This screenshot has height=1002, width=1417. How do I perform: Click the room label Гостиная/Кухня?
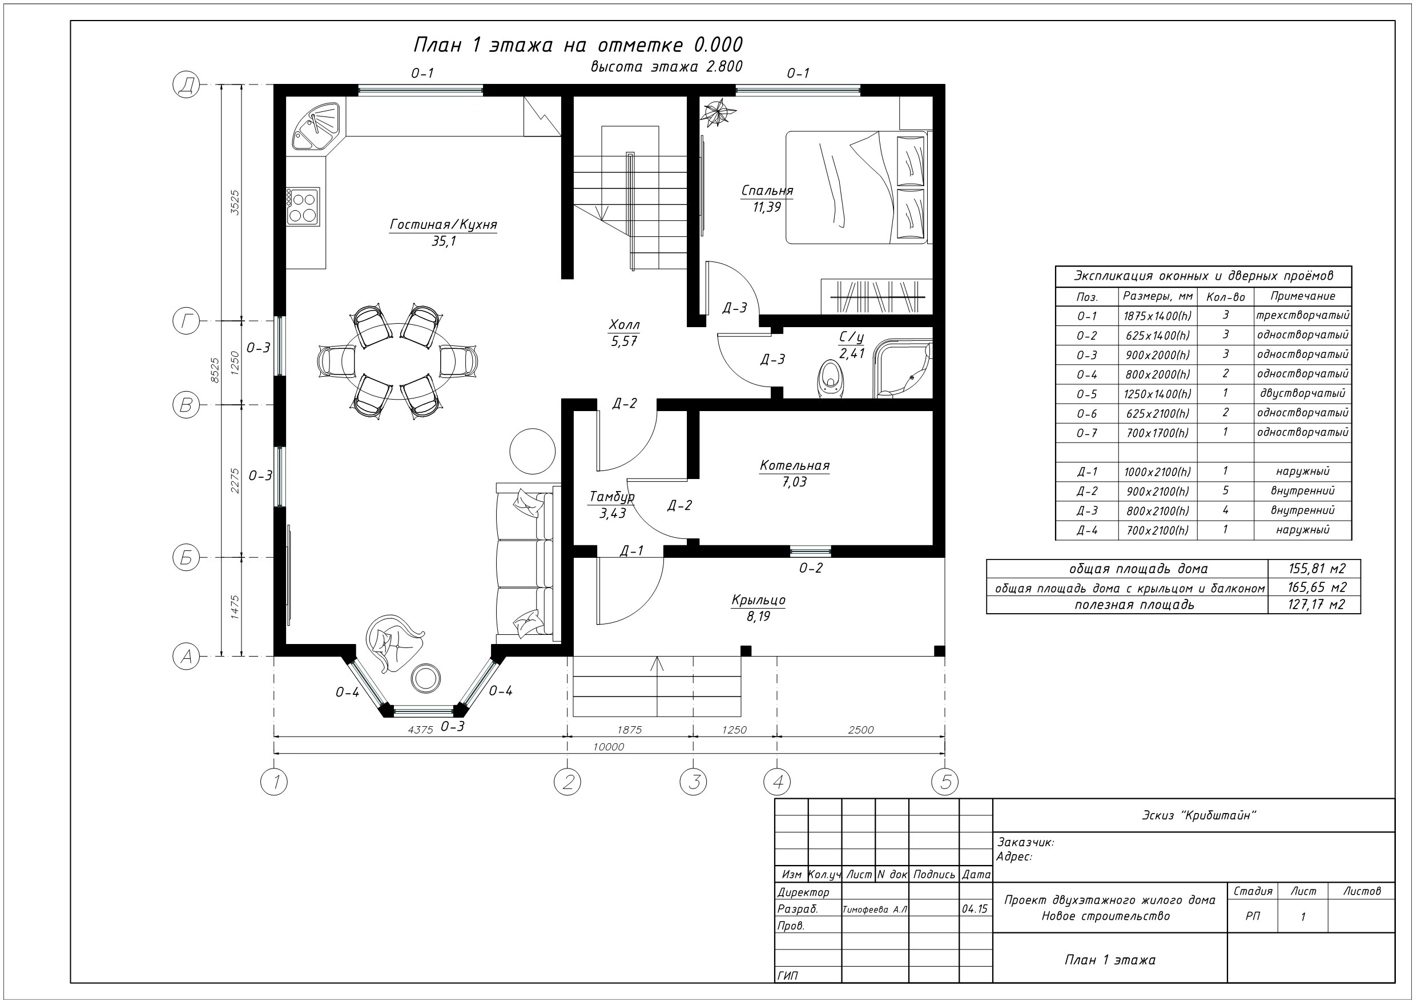[x=443, y=224]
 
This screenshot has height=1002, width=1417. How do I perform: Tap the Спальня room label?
[x=767, y=191]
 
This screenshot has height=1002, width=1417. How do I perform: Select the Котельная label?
[x=794, y=465]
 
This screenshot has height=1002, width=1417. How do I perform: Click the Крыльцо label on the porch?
[x=759, y=600]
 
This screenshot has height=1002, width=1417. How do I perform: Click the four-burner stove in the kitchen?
[x=303, y=207]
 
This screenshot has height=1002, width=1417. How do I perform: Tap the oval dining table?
[x=398, y=361]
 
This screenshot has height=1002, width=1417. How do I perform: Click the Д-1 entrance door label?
[x=632, y=551]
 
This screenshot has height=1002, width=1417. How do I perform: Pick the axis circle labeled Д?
[x=186, y=84]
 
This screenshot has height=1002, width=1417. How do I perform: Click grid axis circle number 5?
[x=945, y=782]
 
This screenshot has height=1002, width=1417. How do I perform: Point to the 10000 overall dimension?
[x=609, y=747]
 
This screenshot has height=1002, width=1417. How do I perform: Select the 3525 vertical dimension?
[x=235, y=203]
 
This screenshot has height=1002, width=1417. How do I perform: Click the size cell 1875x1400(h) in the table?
[x=1157, y=316]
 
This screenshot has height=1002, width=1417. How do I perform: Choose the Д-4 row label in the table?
[x=1087, y=530]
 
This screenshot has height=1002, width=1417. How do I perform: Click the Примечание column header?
[x=1303, y=296]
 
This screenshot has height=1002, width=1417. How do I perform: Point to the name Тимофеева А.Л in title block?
[x=875, y=910]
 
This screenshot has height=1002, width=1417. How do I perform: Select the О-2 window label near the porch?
[x=811, y=568]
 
